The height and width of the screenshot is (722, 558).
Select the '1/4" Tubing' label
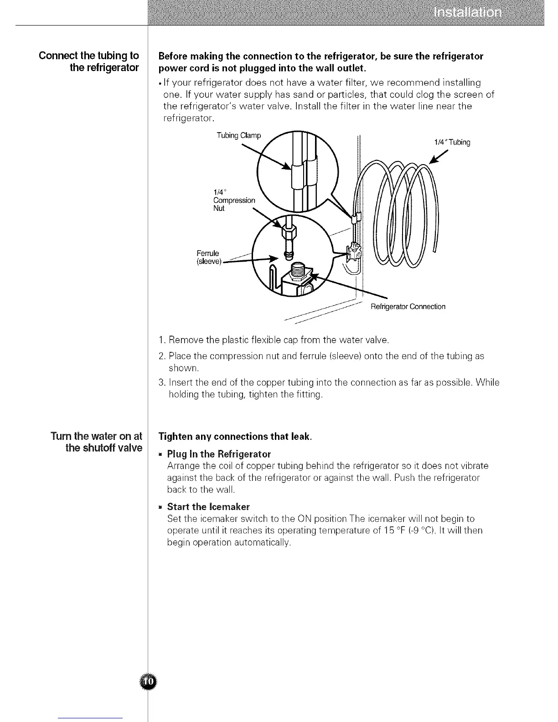[x=452, y=142]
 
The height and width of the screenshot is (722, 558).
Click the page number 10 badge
[x=148, y=681]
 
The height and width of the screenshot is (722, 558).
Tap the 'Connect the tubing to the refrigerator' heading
[x=89, y=62]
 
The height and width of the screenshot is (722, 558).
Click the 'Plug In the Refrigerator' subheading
[x=219, y=454]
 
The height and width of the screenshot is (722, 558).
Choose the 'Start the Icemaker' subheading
[x=208, y=507]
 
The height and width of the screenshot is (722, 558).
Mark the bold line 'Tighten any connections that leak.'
[x=235, y=437]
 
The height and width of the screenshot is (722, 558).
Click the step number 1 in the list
[x=161, y=340]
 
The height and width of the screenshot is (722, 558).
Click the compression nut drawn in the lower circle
[x=287, y=233]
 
